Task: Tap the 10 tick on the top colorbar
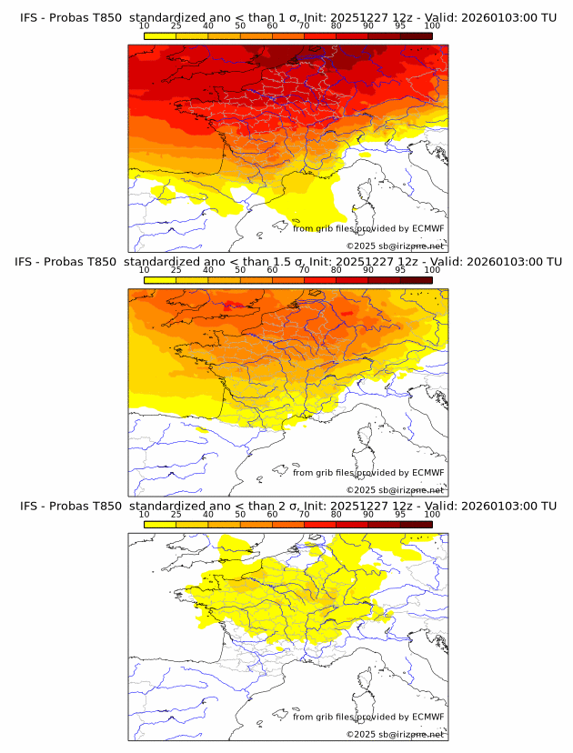pyautogui.click(x=145, y=25)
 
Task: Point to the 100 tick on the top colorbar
pyautogui.click(x=432, y=25)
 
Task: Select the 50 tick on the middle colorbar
pyautogui.click(x=240, y=270)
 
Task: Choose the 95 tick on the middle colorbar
pyautogui.click(x=400, y=270)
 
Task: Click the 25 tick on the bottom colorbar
pyautogui.click(x=176, y=514)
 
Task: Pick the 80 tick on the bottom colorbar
pyautogui.click(x=337, y=514)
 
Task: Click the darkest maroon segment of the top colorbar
pyautogui.click(x=416, y=35)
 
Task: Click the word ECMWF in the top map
pyautogui.click(x=427, y=228)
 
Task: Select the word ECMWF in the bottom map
pyautogui.click(x=427, y=717)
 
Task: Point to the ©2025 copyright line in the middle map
pyautogui.click(x=395, y=490)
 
